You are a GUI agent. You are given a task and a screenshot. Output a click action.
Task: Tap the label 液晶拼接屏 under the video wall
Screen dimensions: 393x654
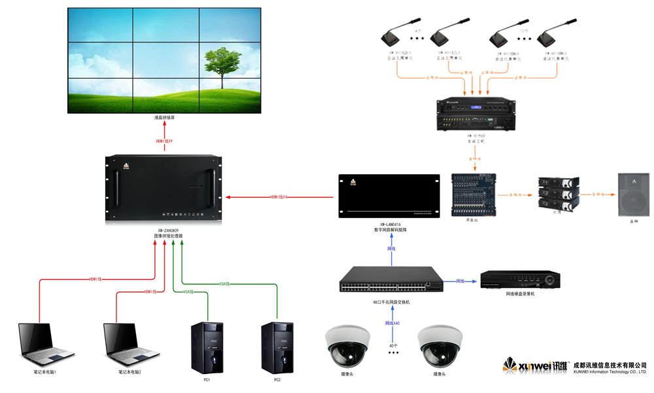click(x=164, y=118)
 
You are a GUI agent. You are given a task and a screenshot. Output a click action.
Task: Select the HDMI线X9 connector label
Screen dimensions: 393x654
click(x=164, y=141)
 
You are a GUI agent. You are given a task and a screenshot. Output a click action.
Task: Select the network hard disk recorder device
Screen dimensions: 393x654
click(x=521, y=280)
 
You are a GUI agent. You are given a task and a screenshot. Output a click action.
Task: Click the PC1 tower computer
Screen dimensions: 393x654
click(x=207, y=346)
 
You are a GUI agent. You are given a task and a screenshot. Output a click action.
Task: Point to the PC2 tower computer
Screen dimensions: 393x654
click(x=277, y=346)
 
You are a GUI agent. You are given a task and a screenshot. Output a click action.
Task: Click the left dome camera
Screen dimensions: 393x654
click(x=346, y=346)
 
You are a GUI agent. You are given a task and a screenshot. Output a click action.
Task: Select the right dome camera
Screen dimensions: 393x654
click(x=440, y=346)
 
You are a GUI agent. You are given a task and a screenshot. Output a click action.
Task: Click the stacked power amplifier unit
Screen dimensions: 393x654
click(x=556, y=194)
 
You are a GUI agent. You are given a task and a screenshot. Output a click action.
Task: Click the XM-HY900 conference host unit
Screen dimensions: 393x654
click(x=475, y=114)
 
